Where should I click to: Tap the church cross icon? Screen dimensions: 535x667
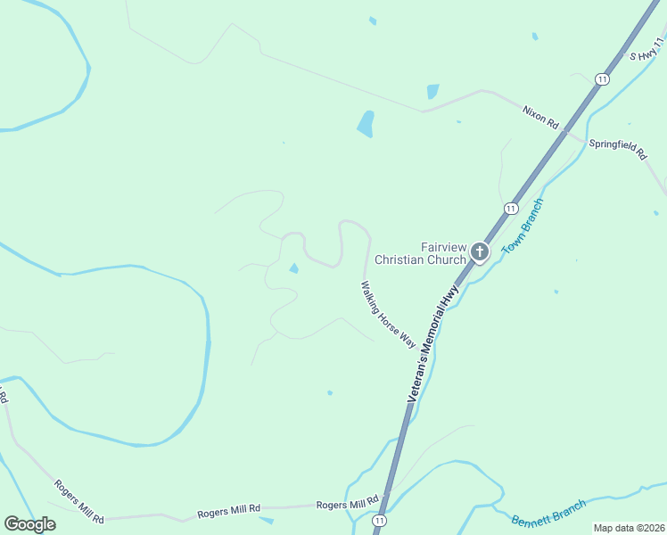click(x=480, y=252)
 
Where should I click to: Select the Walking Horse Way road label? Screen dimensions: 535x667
click(x=389, y=314)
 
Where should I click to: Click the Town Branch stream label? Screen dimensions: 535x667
click(x=523, y=226)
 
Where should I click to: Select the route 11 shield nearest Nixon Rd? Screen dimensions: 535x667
click(x=604, y=80)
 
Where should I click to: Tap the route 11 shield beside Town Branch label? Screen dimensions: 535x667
click(x=509, y=209)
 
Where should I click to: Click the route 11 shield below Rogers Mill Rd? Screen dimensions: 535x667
click(x=381, y=520)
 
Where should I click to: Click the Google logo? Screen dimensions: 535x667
click(x=29, y=524)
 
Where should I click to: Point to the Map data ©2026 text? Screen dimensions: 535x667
click(x=630, y=528)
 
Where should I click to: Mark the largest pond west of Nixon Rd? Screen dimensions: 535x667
click(x=366, y=123)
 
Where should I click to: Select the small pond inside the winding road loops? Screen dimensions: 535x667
click(x=293, y=267)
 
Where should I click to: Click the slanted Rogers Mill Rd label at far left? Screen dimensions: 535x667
click(x=79, y=502)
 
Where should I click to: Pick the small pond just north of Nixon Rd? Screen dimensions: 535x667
click(x=433, y=91)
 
